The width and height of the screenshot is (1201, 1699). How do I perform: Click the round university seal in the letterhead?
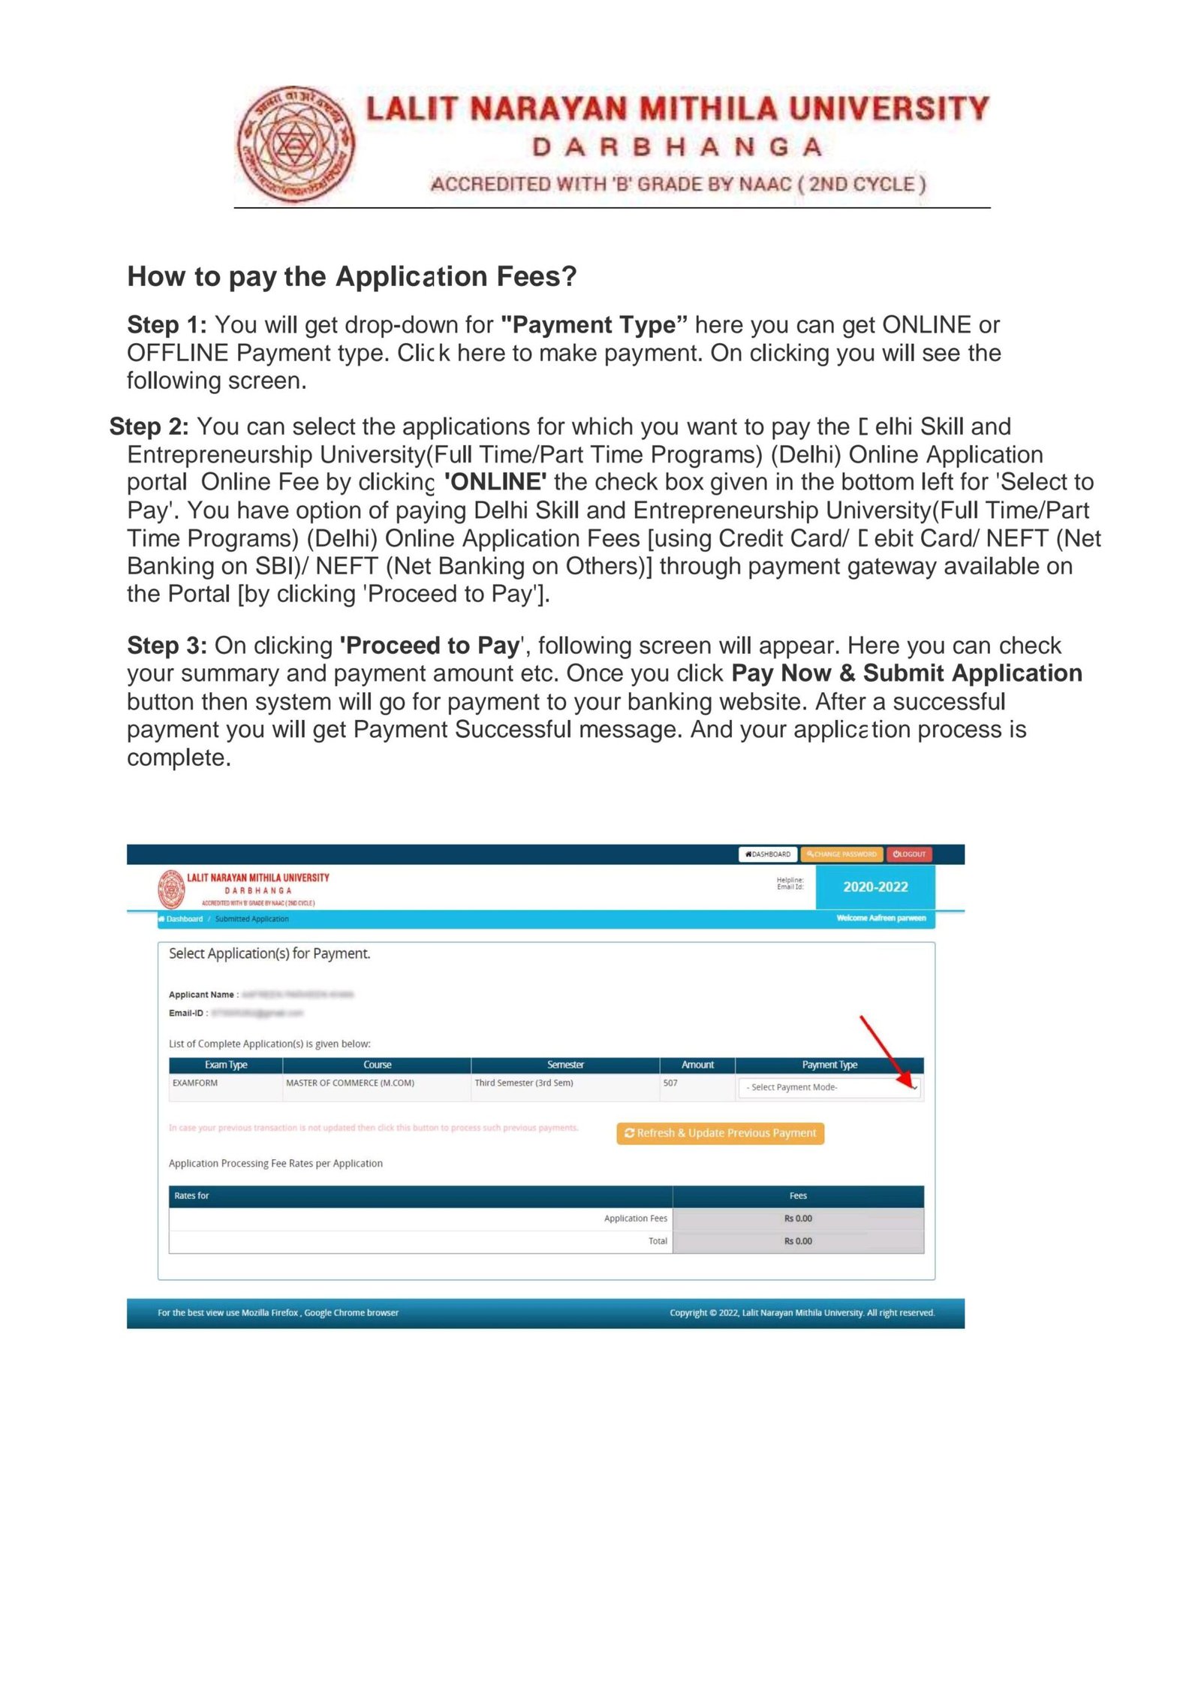[x=296, y=143]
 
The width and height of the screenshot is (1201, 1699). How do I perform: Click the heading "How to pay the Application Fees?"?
[x=351, y=276]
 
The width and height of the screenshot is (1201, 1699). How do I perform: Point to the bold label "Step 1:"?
[x=167, y=325]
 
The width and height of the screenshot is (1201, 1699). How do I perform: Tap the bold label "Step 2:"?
[x=149, y=426]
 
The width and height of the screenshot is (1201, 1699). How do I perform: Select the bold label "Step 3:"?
[x=167, y=646]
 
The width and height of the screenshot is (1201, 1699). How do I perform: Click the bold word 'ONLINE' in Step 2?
[x=495, y=482]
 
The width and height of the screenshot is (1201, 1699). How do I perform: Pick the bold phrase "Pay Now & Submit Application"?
[x=906, y=673]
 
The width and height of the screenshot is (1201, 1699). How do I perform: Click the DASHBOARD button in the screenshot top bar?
[x=768, y=854]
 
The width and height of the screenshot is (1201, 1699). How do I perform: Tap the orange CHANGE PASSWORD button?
[x=841, y=854]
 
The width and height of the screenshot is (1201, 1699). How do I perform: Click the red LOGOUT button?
[x=909, y=854]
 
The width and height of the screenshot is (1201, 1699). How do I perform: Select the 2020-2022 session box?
[x=875, y=887]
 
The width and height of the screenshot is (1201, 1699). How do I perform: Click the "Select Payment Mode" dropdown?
[x=829, y=1088]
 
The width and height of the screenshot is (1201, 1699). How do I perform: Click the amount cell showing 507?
[x=670, y=1083]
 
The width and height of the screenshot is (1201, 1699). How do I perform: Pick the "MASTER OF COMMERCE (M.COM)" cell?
[x=350, y=1083]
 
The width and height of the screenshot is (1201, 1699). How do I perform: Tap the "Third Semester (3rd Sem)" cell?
[x=524, y=1083]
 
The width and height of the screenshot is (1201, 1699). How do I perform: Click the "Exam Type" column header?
[x=226, y=1065]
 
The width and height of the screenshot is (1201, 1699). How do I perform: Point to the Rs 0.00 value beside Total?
[x=798, y=1242]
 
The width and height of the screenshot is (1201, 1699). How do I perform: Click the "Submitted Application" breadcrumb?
[x=251, y=920]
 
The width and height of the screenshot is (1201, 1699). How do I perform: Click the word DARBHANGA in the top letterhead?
[x=677, y=147]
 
